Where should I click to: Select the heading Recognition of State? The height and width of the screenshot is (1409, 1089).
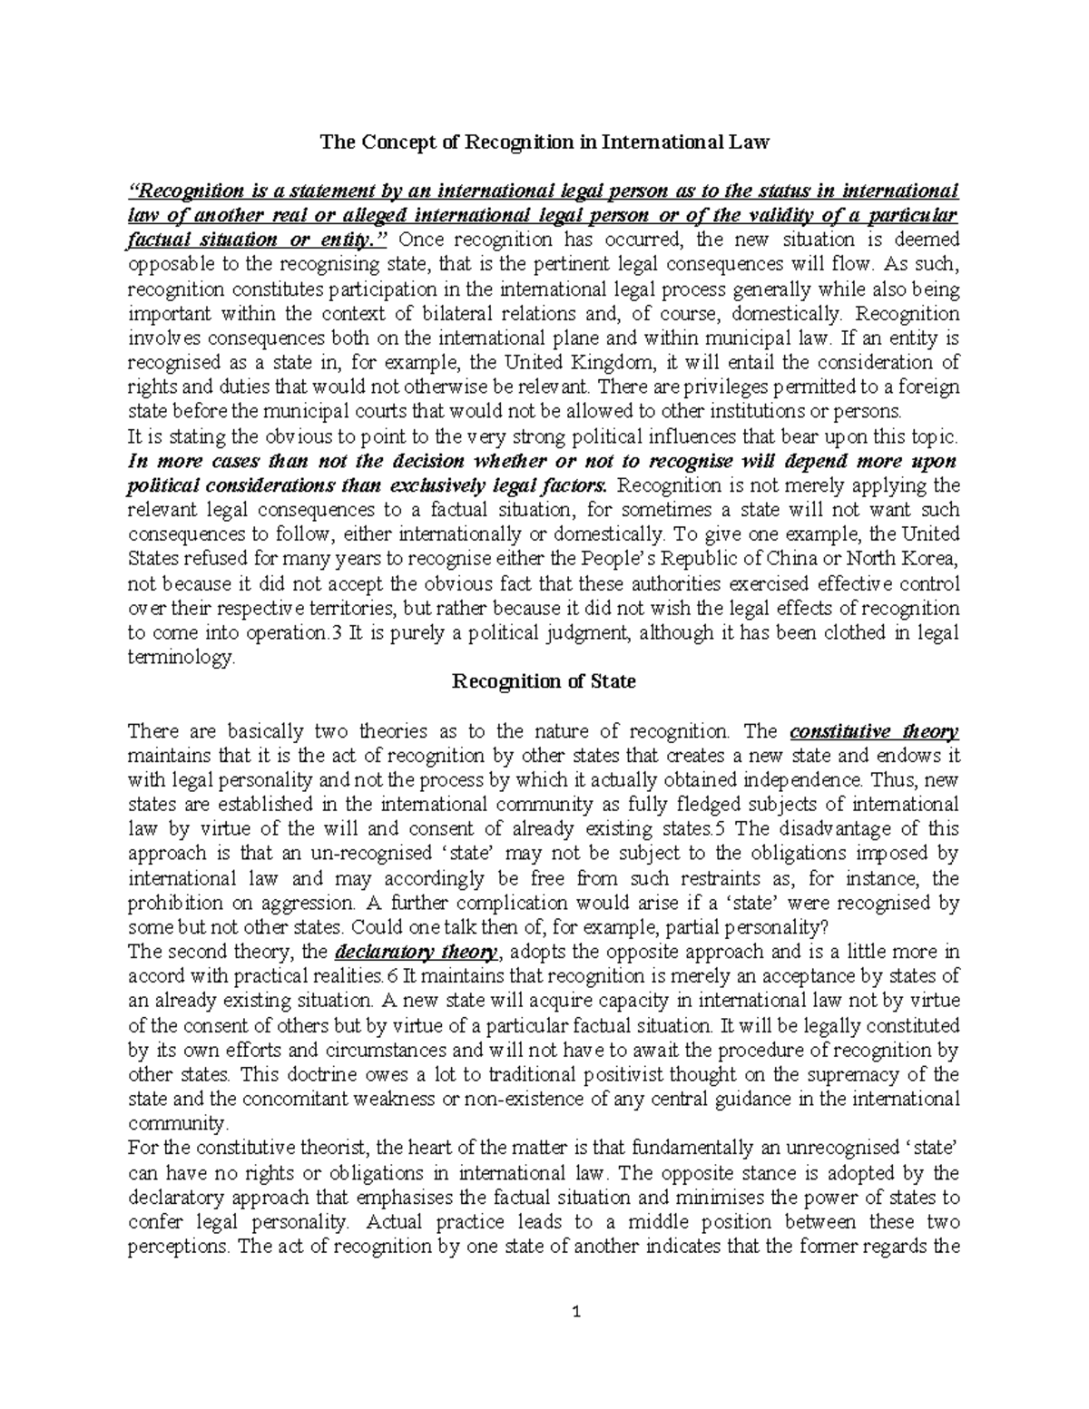point(544,681)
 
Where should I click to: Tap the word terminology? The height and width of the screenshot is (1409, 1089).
point(181,657)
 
